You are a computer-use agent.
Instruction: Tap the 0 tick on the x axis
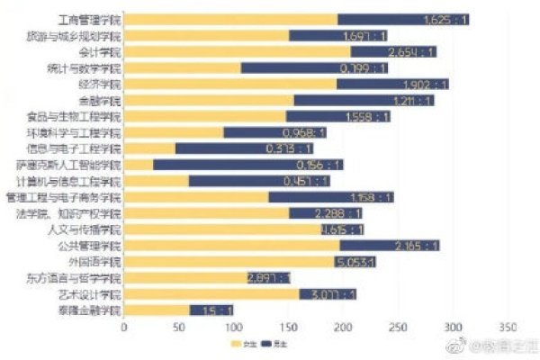click(x=123, y=328)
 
